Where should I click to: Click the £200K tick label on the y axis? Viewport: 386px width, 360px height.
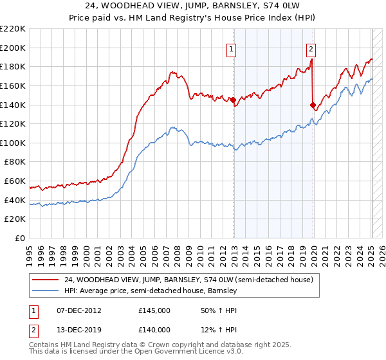point(13,48)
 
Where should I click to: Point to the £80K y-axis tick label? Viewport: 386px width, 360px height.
point(15,162)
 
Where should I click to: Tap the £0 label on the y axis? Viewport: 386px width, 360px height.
point(21,239)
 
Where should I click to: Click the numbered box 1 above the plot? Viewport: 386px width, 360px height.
point(230,48)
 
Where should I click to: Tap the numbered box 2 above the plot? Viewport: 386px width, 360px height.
point(311,48)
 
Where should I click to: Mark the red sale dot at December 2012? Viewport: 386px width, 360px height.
point(233,100)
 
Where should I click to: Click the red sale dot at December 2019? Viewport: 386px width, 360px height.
point(313,105)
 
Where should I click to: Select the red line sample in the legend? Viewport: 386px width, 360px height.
point(46,280)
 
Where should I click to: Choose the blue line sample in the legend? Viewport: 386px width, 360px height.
point(46,291)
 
